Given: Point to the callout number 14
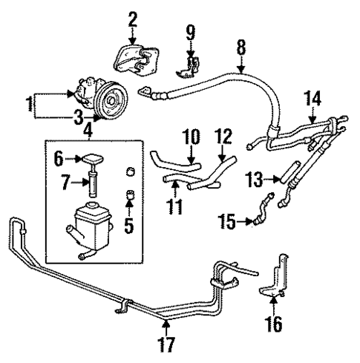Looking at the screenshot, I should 312,97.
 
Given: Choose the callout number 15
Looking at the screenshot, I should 226,220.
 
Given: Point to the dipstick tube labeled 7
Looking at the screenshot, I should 94,184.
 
